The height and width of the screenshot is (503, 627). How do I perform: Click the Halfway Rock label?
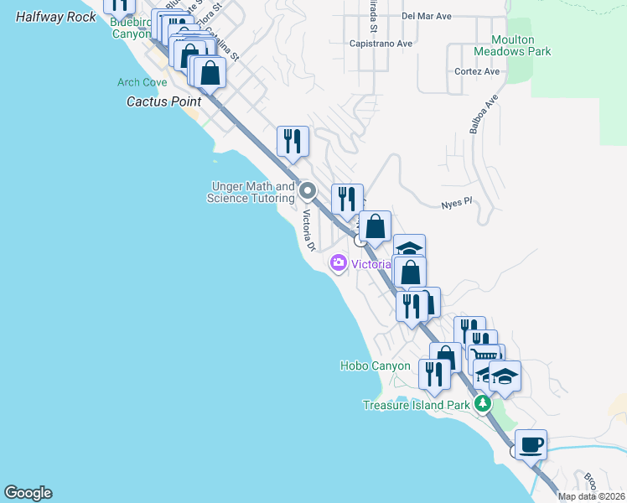(x=56, y=17)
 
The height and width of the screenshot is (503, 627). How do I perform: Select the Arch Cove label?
(x=142, y=82)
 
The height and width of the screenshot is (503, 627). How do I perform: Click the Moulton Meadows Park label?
(x=513, y=45)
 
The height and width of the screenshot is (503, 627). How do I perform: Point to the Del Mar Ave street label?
(x=427, y=16)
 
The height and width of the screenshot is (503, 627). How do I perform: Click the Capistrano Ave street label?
(x=381, y=43)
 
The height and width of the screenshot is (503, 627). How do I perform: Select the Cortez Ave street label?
(x=478, y=71)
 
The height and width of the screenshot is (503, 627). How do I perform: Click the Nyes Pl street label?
(x=457, y=202)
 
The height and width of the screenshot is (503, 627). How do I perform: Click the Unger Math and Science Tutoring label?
(x=251, y=192)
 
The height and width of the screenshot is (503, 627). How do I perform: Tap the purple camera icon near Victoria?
(x=339, y=263)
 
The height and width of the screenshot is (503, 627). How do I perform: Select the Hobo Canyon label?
(x=376, y=366)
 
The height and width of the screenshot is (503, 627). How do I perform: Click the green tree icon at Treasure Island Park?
(x=483, y=404)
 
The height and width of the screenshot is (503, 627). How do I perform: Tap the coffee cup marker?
(x=531, y=443)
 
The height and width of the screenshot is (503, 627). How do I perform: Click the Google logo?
(x=28, y=493)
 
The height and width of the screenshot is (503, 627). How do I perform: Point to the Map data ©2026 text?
(x=591, y=496)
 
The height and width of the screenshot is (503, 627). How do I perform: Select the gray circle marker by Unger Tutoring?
(x=308, y=191)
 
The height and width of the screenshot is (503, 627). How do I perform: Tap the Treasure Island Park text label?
(x=416, y=405)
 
